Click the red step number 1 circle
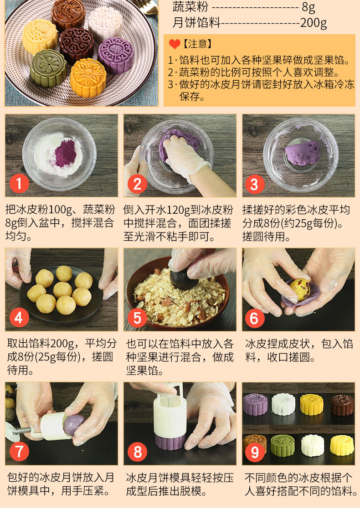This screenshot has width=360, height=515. (x=19, y=184)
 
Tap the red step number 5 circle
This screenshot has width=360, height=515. (x=137, y=318)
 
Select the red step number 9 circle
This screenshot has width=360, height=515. (x=255, y=452)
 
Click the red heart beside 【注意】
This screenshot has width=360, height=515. (x=175, y=44)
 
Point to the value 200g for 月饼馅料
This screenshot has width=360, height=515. (x=314, y=23)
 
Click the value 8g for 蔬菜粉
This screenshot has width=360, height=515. (x=309, y=7)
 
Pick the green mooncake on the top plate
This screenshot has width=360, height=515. (x=48, y=68)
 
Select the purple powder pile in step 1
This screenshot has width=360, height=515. (x=65, y=154)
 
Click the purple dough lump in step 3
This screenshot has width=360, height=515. (x=302, y=153)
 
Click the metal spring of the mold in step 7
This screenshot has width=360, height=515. (x=24, y=430)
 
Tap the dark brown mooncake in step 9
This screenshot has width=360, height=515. (x=342, y=405)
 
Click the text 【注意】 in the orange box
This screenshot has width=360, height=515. (x=197, y=44)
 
